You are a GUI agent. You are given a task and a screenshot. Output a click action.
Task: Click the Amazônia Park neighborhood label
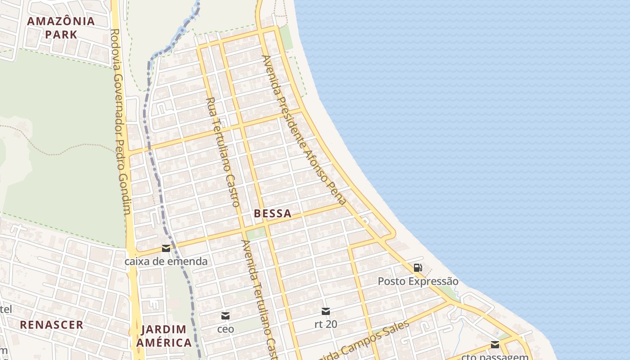coord(61,27)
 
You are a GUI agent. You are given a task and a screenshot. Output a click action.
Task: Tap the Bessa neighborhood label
coord(273,214)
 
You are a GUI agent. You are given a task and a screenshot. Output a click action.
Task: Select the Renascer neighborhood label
coord(52,325)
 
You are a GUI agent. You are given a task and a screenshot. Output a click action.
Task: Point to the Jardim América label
coord(164,336)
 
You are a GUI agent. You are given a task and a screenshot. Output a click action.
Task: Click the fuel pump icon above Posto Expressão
coord(418,268)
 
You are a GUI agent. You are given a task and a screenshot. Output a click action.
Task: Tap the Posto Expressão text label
coord(418,282)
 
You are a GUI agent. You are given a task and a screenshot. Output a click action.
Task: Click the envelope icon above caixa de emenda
coord(166,248)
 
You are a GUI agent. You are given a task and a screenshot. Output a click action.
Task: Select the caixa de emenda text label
coord(166,261)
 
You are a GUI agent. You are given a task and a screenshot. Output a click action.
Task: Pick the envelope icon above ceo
coord(225,316)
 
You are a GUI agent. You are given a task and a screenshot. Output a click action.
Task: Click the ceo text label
coord(225,329)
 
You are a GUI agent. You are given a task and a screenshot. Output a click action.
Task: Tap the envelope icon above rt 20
coord(326,311)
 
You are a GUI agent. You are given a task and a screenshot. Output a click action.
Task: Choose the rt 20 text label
coord(326,324)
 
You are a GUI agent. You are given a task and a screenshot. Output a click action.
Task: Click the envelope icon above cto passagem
coord(495,345)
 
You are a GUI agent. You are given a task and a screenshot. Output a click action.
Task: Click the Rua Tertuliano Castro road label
coord(223,152)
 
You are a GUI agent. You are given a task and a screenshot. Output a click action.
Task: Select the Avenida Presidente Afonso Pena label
coord(304,130)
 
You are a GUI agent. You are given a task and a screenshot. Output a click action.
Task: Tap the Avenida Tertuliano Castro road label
coord(258,297)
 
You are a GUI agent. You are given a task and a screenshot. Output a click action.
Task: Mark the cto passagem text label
coord(495,357)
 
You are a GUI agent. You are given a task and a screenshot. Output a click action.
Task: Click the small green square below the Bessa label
coord(256,233)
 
